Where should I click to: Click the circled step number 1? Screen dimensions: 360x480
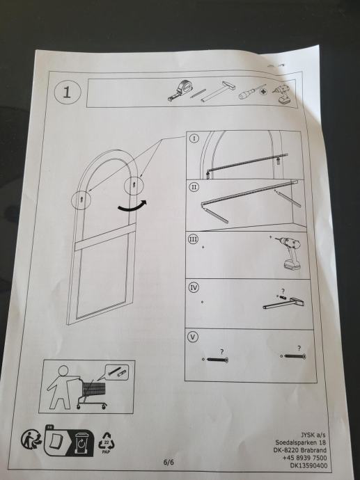coord(68,92)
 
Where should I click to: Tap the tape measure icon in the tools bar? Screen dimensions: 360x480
coord(180,90)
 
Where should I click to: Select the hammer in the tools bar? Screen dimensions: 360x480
coord(218,92)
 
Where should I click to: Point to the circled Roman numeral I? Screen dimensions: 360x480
coord(194,138)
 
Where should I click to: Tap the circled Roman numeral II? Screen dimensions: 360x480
coord(194,187)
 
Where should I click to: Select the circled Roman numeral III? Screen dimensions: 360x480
coord(193,239)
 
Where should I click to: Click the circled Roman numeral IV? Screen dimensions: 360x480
coord(194,287)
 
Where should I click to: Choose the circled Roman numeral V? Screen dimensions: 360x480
coord(193,337)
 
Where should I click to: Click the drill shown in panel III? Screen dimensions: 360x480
coord(289,253)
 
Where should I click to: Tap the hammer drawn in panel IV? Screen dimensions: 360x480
coord(283,303)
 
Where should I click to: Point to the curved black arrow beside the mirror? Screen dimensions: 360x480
coord(132,207)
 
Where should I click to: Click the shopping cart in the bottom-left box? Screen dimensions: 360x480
coord(92,393)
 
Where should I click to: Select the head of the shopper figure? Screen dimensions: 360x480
coord(63,371)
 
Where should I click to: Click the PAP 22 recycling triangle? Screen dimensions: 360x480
coord(107,442)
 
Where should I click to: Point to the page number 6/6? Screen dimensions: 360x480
coord(169,462)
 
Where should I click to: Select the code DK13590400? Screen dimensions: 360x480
coord(309,466)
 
